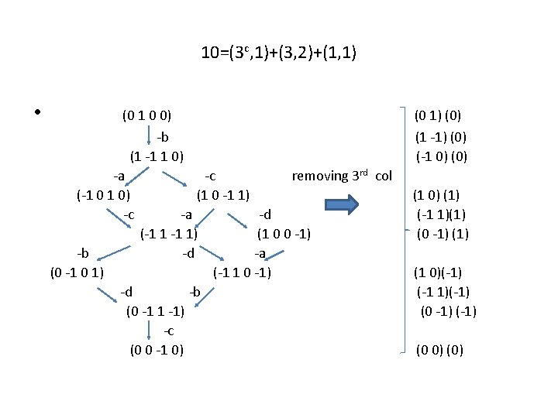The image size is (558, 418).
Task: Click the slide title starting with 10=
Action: point(278,53)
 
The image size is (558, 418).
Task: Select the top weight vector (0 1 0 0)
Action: point(147,116)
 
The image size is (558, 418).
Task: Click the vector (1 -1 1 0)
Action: point(157,156)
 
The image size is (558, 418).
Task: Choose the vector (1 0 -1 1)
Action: point(223,194)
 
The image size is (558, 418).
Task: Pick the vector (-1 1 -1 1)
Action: point(168,233)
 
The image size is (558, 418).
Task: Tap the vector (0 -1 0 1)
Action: point(77,272)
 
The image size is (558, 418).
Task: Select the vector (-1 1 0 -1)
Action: point(243,272)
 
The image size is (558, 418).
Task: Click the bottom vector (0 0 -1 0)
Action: point(157,350)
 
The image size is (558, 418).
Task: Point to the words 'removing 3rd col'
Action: point(342,176)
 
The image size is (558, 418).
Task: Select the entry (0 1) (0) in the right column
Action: point(438,116)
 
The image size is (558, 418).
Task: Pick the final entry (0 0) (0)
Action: point(439,350)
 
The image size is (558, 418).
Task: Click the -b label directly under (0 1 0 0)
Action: point(162,137)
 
